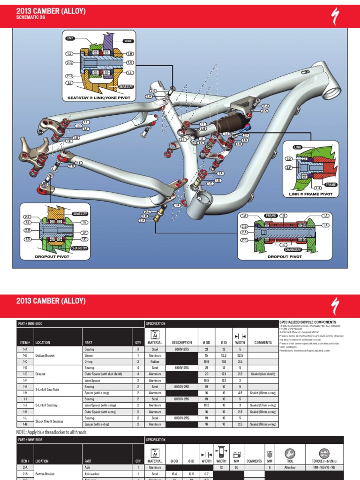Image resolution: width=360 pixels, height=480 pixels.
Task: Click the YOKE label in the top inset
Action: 128,41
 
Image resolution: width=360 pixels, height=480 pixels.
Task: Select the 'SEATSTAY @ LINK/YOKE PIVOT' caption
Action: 98,98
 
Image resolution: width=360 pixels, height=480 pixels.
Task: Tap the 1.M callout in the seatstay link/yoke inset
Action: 130,54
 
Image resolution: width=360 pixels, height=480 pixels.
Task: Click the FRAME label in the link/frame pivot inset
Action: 331,185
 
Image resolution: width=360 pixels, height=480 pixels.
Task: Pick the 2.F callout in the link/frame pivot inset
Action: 289,167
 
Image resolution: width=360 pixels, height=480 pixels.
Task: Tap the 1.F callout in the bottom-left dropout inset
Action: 85,232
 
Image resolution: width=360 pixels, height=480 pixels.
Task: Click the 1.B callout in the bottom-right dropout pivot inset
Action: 283,215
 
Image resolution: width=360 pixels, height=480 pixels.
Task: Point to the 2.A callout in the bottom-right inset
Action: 244,232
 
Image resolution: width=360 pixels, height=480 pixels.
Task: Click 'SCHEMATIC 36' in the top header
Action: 31,17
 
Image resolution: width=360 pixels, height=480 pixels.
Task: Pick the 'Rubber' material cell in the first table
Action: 155,362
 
